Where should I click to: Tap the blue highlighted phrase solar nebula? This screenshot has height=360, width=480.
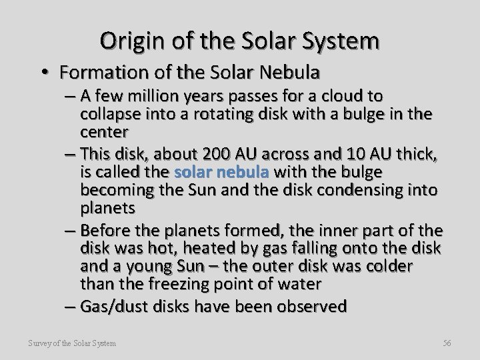coord(221,172)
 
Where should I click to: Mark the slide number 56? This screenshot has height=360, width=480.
coord(447,343)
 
